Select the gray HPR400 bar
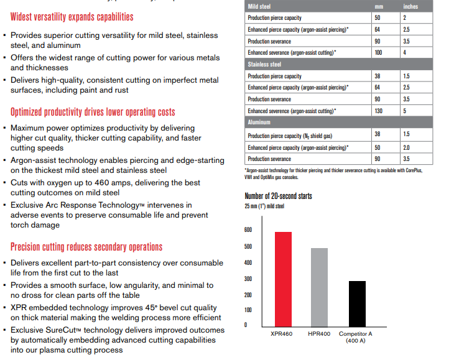pos(318,287)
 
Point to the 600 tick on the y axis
pos(248,229)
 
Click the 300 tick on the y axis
pos(248,279)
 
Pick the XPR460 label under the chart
pos(282,334)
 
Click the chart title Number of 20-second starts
pos(278,196)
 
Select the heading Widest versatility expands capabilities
pos(72,17)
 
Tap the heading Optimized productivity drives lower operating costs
pos(93,112)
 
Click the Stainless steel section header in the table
pos(265,64)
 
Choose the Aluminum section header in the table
pos(259,122)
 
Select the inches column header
pos(410,6)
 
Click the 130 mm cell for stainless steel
pos(378,111)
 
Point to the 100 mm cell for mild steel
pos(378,52)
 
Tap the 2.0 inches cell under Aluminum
pos(407,147)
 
